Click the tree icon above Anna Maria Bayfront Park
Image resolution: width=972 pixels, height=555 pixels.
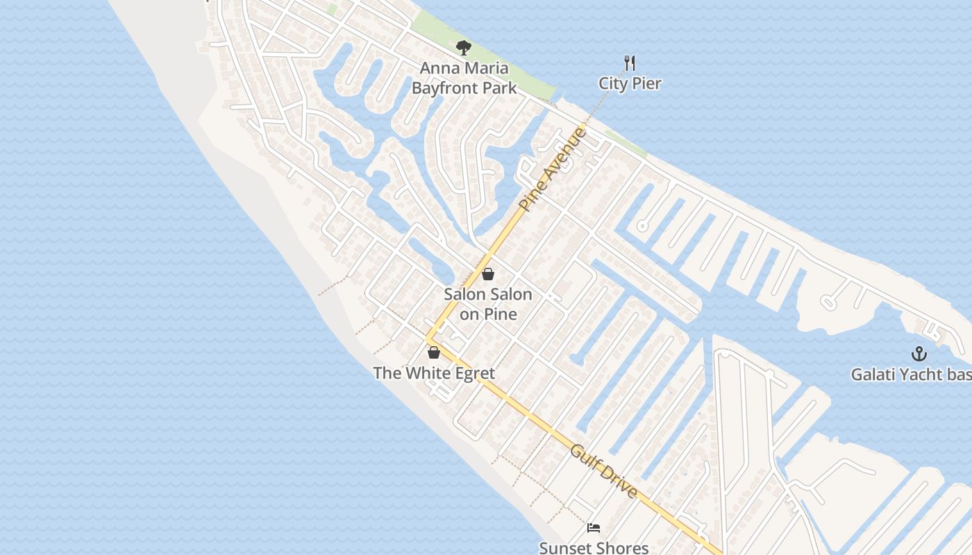(x=464, y=48)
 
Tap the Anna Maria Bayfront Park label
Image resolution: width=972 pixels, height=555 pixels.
(x=464, y=78)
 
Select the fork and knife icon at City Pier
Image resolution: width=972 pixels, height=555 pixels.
(x=630, y=63)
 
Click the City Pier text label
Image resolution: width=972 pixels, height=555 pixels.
(x=630, y=84)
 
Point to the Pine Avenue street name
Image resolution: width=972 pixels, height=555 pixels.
(x=553, y=169)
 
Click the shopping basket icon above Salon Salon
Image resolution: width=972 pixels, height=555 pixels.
(x=488, y=274)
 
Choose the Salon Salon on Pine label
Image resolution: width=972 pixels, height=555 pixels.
(x=488, y=304)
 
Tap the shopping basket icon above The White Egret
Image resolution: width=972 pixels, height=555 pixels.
(x=434, y=352)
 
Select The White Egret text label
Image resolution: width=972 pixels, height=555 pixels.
(x=434, y=373)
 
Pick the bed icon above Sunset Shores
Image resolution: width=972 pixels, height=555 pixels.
(x=593, y=528)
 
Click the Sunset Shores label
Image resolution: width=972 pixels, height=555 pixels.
(x=594, y=548)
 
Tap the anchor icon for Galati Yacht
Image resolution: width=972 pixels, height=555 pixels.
(x=919, y=354)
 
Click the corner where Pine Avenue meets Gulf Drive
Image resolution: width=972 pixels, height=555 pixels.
(x=428, y=339)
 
